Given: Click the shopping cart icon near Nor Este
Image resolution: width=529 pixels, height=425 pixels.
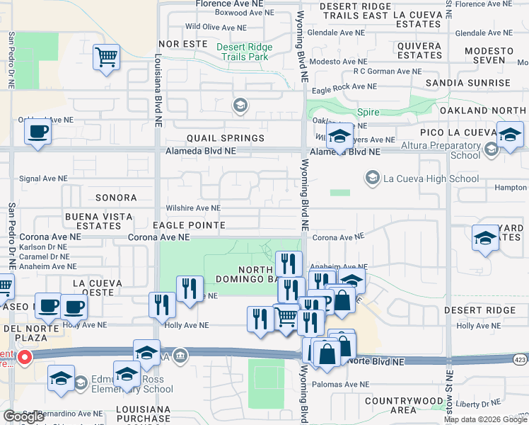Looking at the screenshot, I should (x=106, y=57).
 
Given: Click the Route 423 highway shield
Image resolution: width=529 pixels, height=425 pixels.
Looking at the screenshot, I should (x=520, y=358).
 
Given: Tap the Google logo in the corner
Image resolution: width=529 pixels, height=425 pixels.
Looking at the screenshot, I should (x=23, y=416).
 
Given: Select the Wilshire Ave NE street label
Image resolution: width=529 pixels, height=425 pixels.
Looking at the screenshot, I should (x=193, y=208).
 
